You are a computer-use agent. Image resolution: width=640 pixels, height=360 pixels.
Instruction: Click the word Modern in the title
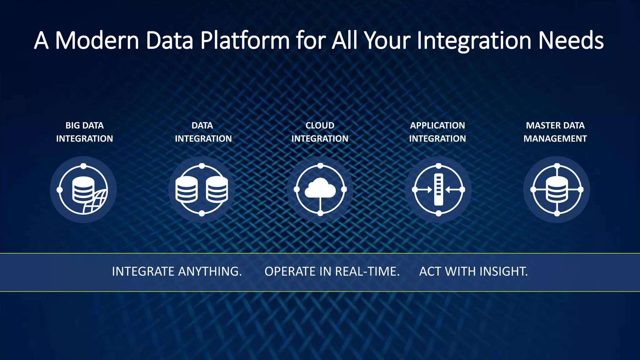point(97,41)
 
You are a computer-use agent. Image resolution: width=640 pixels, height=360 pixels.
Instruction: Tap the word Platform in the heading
point(245,41)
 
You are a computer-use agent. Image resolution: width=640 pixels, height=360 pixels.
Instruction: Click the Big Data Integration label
point(84,132)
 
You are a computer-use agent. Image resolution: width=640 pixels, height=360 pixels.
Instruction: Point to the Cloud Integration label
point(320,132)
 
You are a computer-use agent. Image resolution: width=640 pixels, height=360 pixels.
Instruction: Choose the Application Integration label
point(437,132)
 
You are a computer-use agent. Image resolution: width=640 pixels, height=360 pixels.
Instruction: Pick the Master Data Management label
point(555,132)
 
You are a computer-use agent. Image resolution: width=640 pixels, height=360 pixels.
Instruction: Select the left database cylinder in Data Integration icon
point(187,189)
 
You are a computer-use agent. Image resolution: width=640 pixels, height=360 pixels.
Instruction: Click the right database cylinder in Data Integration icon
point(217,189)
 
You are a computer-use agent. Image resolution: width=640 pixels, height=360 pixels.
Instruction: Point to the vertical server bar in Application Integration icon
point(438,189)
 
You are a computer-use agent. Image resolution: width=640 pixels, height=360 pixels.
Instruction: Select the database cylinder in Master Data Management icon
point(557,189)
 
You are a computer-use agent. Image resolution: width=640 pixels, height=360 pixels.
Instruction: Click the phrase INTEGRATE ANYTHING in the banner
point(177,272)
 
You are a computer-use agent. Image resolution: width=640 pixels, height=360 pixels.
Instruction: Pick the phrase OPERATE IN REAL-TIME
point(332,272)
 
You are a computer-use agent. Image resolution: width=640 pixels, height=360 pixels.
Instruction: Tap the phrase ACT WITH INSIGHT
point(473,272)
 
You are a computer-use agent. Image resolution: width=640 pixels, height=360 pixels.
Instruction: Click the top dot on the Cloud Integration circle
point(320,166)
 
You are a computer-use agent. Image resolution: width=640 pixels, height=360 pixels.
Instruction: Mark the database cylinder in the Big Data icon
point(83,189)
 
